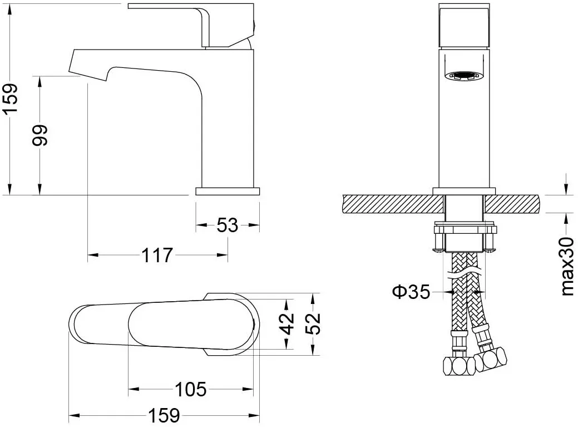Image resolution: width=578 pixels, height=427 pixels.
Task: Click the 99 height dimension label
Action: (40, 135)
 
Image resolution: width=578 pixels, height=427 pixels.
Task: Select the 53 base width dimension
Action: (227, 225)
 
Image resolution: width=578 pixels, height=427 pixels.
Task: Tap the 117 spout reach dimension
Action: (157, 255)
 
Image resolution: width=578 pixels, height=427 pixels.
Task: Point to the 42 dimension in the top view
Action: (288, 323)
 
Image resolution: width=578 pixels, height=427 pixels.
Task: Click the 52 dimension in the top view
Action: (313, 323)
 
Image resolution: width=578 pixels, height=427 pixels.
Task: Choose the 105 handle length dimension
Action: (191, 389)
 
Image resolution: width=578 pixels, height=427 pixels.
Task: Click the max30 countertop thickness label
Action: (567, 266)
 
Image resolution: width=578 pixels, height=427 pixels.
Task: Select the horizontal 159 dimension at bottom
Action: (164, 415)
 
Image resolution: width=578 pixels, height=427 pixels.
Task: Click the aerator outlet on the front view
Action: (464, 76)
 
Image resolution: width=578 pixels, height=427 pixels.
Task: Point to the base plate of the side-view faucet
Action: (228, 192)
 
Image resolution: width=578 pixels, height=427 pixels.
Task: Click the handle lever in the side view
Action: (191, 25)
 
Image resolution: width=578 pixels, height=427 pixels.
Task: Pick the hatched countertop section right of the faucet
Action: (512, 204)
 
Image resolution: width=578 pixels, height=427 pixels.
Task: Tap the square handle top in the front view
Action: (464, 26)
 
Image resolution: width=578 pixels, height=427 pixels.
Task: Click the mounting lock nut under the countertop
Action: (464, 238)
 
